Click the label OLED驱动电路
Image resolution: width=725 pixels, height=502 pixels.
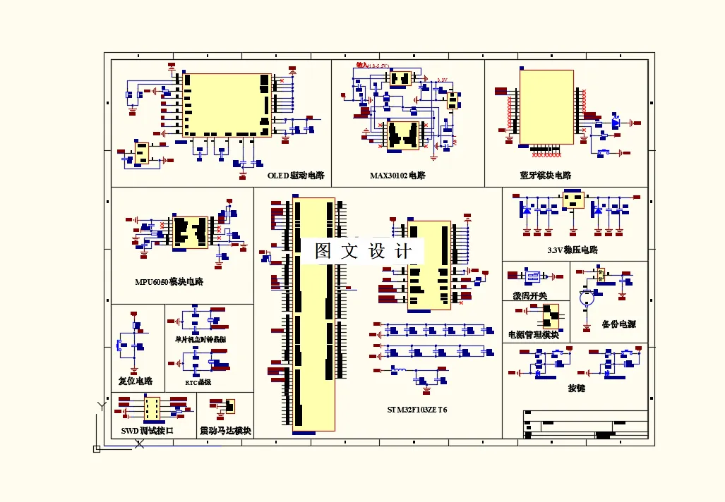pyautogui.click(x=296, y=175)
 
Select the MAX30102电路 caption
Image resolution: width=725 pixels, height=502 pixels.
pyautogui.click(x=397, y=175)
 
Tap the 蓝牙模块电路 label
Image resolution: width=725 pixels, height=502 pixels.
pyautogui.click(x=546, y=175)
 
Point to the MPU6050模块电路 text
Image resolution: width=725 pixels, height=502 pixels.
pyautogui.click(x=169, y=281)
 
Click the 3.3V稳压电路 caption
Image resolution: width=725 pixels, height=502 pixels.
pyautogui.click(x=573, y=250)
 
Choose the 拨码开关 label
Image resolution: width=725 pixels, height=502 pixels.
pyautogui.click(x=529, y=295)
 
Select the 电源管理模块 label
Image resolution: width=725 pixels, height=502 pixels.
pyautogui.click(x=534, y=334)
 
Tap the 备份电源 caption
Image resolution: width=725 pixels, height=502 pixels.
pyautogui.click(x=618, y=324)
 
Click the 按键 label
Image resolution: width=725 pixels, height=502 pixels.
pyautogui.click(x=577, y=388)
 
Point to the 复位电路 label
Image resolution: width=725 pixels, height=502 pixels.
pyautogui.click(x=136, y=381)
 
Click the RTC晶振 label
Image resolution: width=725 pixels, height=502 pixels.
pyautogui.click(x=198, y=382)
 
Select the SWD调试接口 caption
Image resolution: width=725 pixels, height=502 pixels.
pyautogui.click(x=147, y=430)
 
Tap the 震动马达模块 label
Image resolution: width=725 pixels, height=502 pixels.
pyautogui.click(x=226, y=430)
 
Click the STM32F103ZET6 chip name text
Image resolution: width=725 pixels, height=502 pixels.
pyautogui.click(x=417, y=410)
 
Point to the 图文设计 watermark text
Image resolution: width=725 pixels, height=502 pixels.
pyautogui.click(x=363, y=252)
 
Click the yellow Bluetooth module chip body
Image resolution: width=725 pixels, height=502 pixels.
pyautogui.click(x=546, y=107)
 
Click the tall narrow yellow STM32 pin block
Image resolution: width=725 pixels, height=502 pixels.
pyautogui.click(x=313, y=314)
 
